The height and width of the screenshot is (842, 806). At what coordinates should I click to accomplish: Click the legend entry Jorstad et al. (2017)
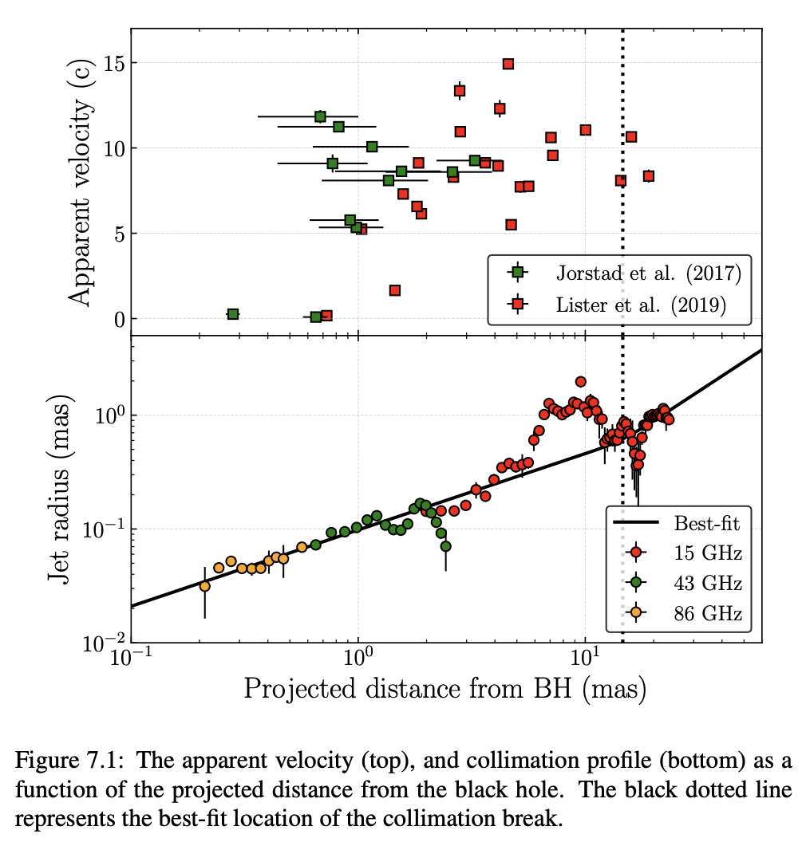(648, 273)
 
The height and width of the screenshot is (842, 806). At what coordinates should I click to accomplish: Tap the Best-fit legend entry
(707, 523)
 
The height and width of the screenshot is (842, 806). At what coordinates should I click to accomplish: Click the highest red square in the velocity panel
(508, 64)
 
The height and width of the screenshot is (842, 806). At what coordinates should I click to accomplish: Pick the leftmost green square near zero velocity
(233, 314)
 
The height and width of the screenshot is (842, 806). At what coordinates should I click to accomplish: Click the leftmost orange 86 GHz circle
(205, 586)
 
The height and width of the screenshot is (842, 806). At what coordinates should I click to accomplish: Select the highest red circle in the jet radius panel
(581, 382)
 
